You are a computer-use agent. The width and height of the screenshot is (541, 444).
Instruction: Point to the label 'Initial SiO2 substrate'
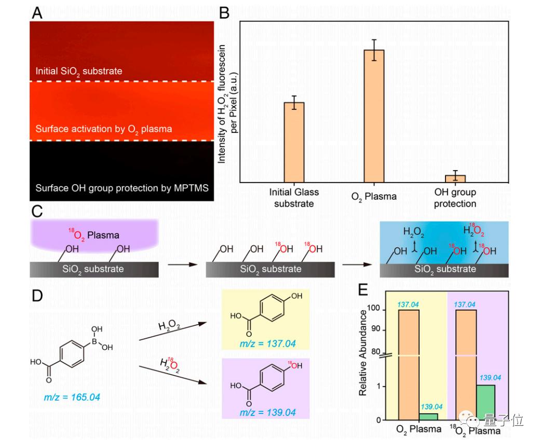79,71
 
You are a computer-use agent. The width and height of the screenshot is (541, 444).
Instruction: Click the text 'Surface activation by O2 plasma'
103,129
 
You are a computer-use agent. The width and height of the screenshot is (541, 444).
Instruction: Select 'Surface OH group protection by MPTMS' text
122,188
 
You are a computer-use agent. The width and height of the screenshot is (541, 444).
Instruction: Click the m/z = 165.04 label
72,398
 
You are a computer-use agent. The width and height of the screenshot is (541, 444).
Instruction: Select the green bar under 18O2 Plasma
485,403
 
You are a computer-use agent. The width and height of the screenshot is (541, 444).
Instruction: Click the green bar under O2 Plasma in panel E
428,417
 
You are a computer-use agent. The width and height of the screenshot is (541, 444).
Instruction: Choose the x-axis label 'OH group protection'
455,198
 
